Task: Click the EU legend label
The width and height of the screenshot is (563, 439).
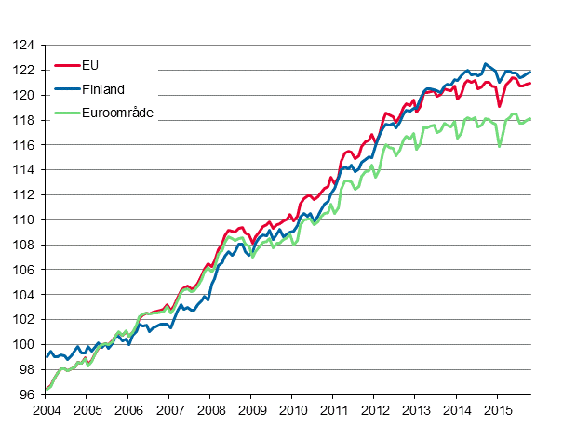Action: point(90,65)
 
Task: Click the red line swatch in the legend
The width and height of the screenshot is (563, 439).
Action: point(67,65)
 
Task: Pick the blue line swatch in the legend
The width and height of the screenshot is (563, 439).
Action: point(67,89)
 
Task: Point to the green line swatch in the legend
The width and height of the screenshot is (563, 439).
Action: point(67,113)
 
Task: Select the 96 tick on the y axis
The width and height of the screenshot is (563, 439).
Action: point(26,393)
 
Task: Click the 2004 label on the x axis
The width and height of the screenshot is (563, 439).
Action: point(46,409)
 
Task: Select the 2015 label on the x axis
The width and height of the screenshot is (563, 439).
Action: point(497,409)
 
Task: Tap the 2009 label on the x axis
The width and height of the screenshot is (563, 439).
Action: point(250,409)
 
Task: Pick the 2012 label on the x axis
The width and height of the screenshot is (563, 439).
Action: point(374,409)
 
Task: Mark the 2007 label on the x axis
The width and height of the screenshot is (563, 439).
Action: point(168,409)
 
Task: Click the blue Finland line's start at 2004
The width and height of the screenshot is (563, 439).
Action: point(47,356)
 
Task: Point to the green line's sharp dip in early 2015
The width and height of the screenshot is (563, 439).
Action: point(501,146)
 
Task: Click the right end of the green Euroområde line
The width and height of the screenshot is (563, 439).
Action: point(530,118)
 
